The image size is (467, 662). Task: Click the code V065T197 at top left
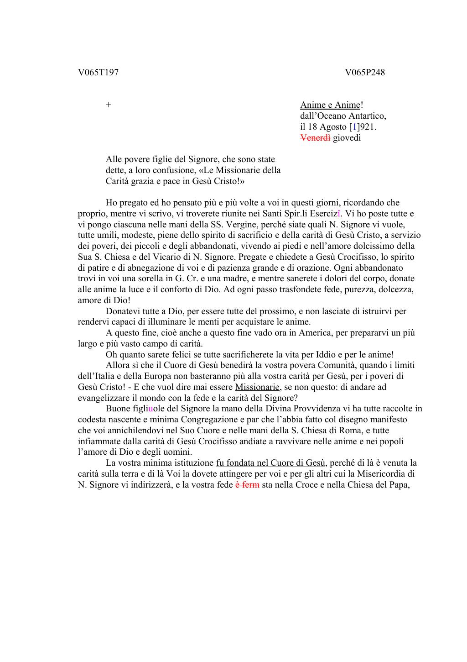tap(99, 72)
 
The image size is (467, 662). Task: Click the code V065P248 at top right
tap(365, 72)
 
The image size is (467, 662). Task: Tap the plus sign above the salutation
tap(108, 105)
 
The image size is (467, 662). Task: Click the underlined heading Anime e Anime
tap(330, 105)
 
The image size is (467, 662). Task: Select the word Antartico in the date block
tap(368, 116)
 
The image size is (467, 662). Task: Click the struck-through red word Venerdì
tap(315, 138)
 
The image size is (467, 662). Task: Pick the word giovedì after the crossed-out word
tap(347, 138)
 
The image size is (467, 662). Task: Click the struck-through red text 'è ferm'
tap(247, 485)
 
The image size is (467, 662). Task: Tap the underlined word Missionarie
tap(257, 387)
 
